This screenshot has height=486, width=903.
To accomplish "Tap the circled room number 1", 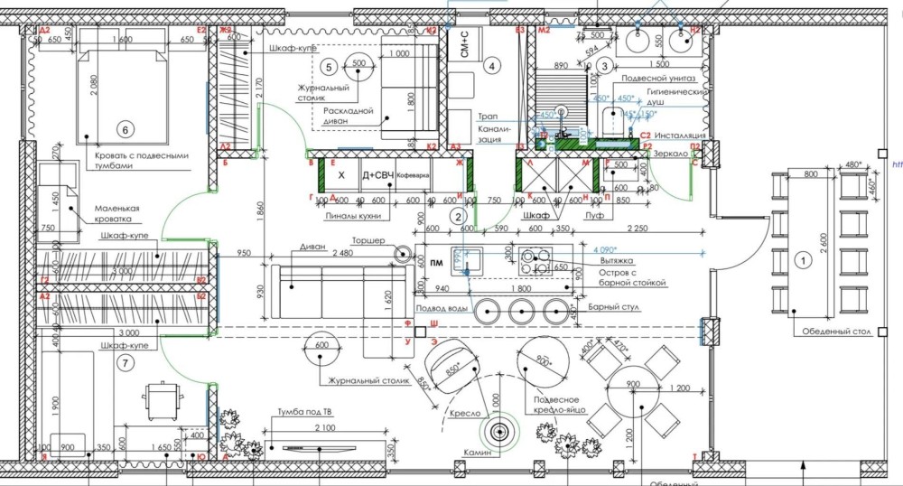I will pyautogui.click(x=799, y=260).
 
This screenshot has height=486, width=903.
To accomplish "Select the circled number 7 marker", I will pyautogui.click(x=126, y=363).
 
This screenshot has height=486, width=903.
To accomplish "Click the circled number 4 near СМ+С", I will pyautogui.click(x=491, y=65).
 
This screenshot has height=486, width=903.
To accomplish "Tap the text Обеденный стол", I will pyautogui.click(x=836, y=332).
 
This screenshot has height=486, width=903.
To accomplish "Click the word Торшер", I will pyautogui.click(x=368, y=241).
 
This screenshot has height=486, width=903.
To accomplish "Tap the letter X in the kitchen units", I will pyautogui.click(x=341, y=174).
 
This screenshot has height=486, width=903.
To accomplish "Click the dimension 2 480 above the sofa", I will pyautogui.click(x=343, y=253).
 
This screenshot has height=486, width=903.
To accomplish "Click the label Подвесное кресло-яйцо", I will pyautogui.click(x=563, y=403).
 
